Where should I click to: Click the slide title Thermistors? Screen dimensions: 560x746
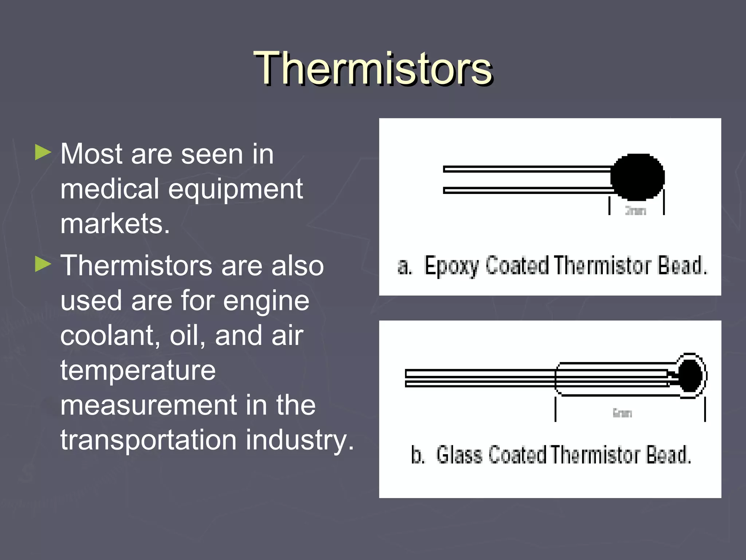click(373, 69)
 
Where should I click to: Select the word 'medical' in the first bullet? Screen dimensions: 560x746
click(110, 189)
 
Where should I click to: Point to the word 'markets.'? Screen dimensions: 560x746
click(115, 223)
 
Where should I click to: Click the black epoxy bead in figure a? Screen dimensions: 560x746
click(638, 177)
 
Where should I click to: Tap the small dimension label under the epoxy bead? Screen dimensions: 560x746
click(636, 211)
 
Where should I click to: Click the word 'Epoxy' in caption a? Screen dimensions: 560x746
click(452, 266)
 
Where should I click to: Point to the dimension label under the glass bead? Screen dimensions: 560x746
click(622, 413)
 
